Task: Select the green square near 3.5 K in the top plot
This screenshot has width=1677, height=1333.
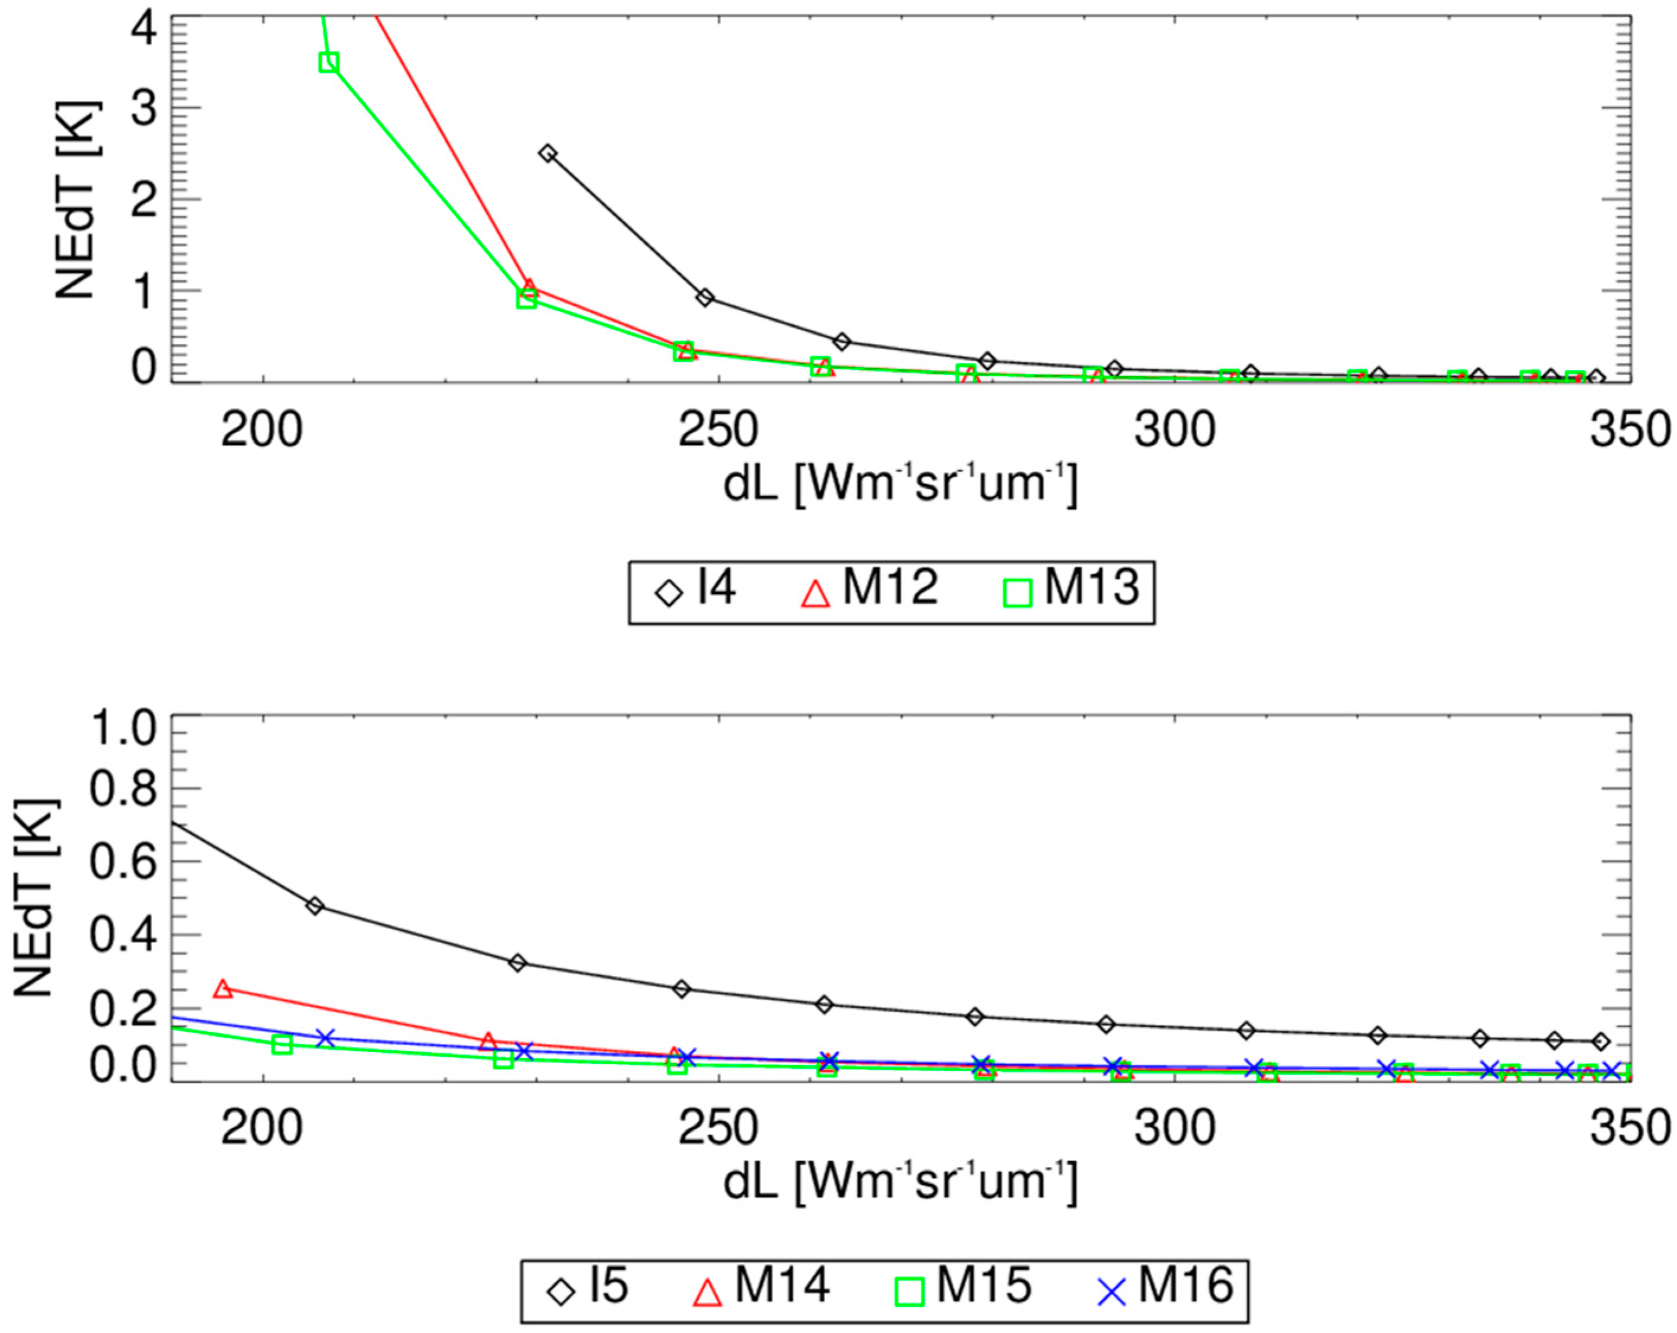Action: pos(328,62)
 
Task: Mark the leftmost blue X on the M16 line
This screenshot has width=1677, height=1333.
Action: pos(325,1038)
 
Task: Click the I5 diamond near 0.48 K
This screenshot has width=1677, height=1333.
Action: pos(314,906)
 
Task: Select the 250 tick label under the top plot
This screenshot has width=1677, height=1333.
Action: pos(718,430)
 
